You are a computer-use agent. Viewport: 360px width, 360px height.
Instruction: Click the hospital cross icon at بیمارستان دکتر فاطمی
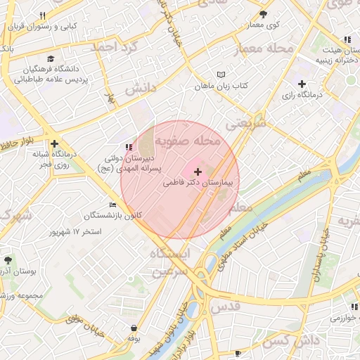(x=197, y=172)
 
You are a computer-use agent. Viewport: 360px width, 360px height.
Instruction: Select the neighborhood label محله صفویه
(x=188, y=142)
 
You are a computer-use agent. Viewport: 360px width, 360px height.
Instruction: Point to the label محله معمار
(x=271, y=49)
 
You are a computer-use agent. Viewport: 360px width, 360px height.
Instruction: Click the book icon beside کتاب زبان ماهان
(x=222, y=75)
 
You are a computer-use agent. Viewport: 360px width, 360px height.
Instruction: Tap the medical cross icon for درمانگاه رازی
(x=302, y=84)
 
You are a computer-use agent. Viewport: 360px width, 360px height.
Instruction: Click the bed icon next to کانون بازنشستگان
(x=113, y=205)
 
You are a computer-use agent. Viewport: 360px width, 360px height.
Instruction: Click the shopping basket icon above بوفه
(x=134, y=328)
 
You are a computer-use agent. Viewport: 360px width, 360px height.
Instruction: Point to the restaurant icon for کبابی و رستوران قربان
(x=42, y=16)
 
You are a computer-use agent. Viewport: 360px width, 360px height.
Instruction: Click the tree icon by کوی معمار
(x=263, y=14)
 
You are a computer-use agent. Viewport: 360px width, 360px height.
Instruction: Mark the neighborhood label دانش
(x=140, y=90)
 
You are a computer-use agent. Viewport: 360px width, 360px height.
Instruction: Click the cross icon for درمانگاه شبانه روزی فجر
(x=53, y=144)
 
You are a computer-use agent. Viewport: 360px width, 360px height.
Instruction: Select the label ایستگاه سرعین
(x=169, y=261)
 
